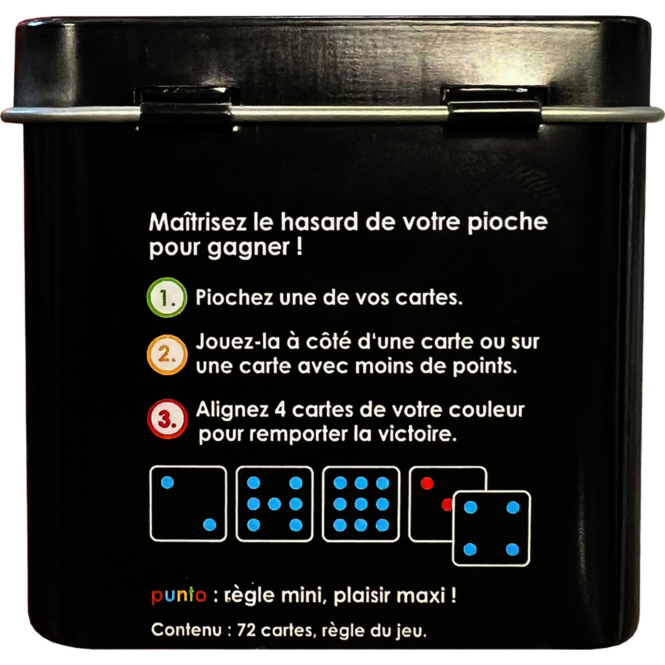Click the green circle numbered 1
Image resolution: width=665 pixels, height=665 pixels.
(x=167, y=298)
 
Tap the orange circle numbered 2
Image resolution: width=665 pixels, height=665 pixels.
(x=167, y=355)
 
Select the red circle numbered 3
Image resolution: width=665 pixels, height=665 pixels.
(x=167, y=419)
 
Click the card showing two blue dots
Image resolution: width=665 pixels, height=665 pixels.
(x=188, y=504)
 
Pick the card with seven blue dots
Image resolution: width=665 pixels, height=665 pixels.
(x=274, y=504)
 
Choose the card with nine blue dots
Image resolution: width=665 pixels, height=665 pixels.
(x=361, y=504)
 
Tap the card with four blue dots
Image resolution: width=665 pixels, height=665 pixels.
(x=491, y=529)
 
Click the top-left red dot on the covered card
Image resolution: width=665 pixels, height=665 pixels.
(x=427, y=483)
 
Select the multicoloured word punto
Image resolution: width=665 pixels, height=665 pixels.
(x=179, y=596)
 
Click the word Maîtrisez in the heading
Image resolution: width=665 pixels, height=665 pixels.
(x=198, y=222)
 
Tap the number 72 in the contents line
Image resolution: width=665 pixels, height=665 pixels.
(x=246, y=630)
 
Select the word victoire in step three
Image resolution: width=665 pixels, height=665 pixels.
(x=417, y=434)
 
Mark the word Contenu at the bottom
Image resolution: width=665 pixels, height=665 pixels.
(x=186, y=630)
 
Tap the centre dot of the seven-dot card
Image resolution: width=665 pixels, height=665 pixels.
(x=274, y=504)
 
